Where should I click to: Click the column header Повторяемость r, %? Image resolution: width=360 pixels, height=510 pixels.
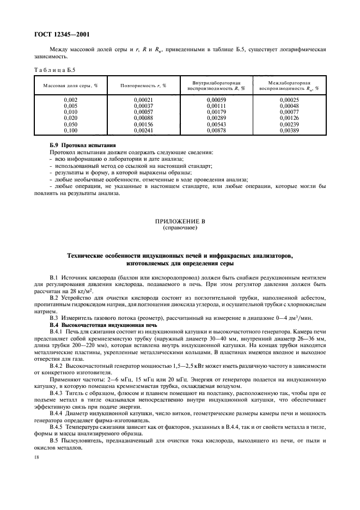143,86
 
